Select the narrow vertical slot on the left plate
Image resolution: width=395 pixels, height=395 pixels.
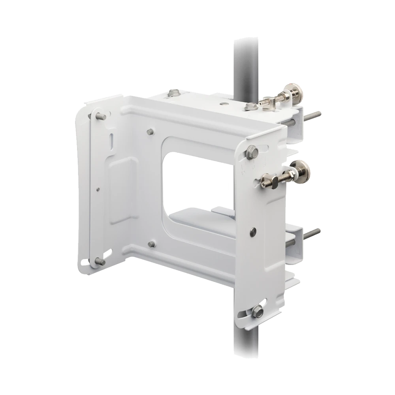tap(112, 140)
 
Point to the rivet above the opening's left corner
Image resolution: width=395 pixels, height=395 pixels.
tap(150, 131)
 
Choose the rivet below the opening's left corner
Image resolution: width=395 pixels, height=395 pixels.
tap(151, 244)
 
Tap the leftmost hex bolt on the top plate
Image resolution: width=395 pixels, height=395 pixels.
tap(172, 93)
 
